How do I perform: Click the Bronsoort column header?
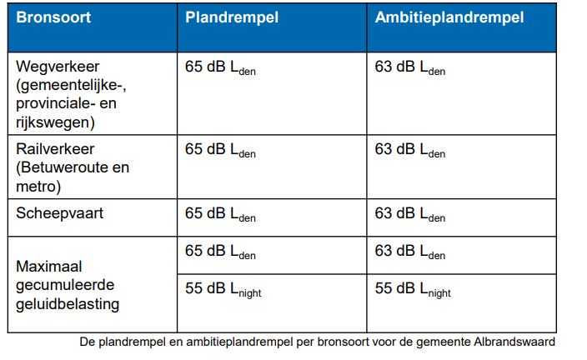[x=52, y=17]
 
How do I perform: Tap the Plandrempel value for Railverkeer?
[x=220, y=151]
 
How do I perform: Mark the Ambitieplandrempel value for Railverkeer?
[x=410, y=151]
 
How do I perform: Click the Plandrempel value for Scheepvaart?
[x=220, y=214]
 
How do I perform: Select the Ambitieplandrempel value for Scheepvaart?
[x=410, y=214]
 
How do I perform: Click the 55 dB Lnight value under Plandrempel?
[x=223, y=289]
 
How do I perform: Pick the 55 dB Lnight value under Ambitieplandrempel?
[x=413, y=289]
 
